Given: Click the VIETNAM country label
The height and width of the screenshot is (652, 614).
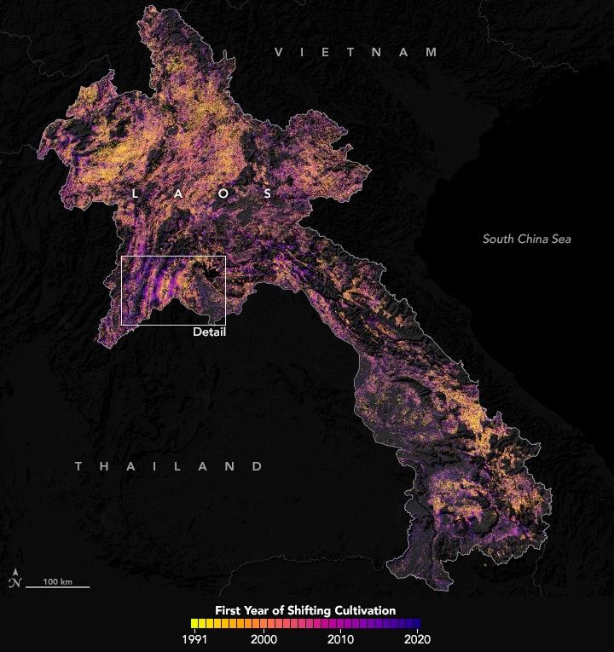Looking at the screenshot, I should tap(354, 53).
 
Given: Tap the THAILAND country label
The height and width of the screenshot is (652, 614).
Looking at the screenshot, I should tap(168, 466).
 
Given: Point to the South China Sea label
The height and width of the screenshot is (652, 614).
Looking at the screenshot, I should tap(526, 239).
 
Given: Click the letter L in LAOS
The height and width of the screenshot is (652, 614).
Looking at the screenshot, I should tap(135, 194).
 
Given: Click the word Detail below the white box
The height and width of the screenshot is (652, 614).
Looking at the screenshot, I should tap(209, 332).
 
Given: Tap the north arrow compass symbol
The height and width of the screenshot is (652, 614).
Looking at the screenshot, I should tap(14, 580).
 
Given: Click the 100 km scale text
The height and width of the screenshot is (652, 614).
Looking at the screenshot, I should tap(57, 580).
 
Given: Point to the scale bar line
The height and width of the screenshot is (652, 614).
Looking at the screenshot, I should tap(57, 587).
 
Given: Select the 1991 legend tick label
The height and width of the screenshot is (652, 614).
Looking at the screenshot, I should tap(196, 638).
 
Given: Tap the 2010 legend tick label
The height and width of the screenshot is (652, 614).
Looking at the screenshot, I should tap(341, 638).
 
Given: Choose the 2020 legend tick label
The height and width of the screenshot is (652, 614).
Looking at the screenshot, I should tap(417, 638).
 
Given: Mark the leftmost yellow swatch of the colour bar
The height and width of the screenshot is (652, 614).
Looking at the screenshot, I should tap(196, 624).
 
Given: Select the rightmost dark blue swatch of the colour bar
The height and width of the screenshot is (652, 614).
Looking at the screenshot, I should tap(417, 624).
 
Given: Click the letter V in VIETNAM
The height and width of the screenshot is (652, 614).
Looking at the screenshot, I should tap(278, 53).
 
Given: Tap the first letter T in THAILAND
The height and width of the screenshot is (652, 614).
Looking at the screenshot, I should tap(78, 466).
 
